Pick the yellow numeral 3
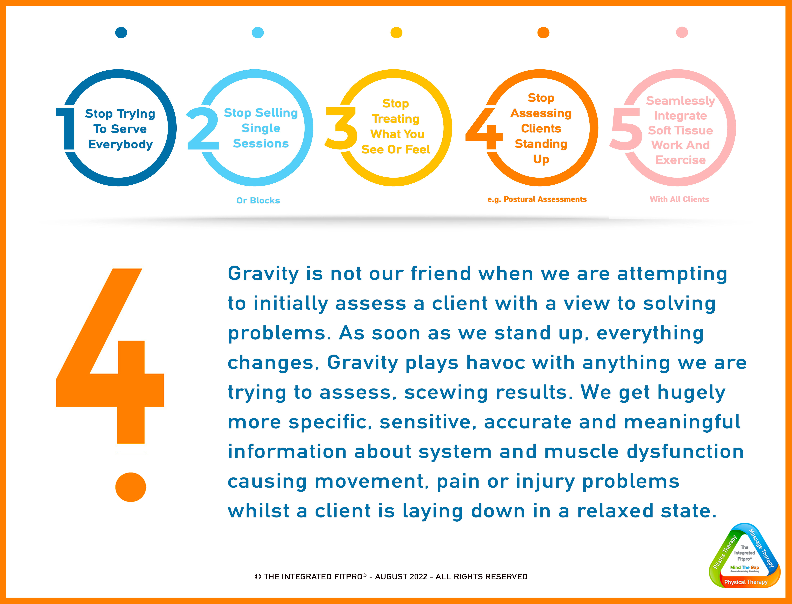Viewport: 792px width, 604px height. point(341,128)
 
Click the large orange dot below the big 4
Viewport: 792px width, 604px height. point(131,487)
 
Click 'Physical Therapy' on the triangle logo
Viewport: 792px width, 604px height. point(746,582)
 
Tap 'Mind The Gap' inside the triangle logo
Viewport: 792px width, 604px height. point(745,567)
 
